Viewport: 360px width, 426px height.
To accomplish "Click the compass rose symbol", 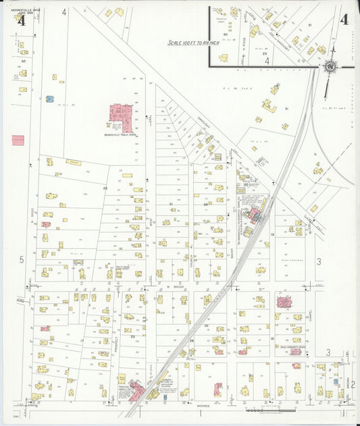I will (330, 66).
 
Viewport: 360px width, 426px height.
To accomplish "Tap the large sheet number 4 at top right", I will (344, 20).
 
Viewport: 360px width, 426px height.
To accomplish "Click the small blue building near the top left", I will (49, 99).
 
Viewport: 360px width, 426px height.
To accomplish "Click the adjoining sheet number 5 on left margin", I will (22, 259).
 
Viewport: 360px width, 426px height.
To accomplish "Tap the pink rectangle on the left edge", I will (18, 140).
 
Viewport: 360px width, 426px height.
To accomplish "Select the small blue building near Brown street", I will (328, 394).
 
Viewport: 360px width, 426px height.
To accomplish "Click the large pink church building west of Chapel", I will (284, 302).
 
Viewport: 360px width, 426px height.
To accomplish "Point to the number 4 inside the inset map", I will (267, 61).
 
